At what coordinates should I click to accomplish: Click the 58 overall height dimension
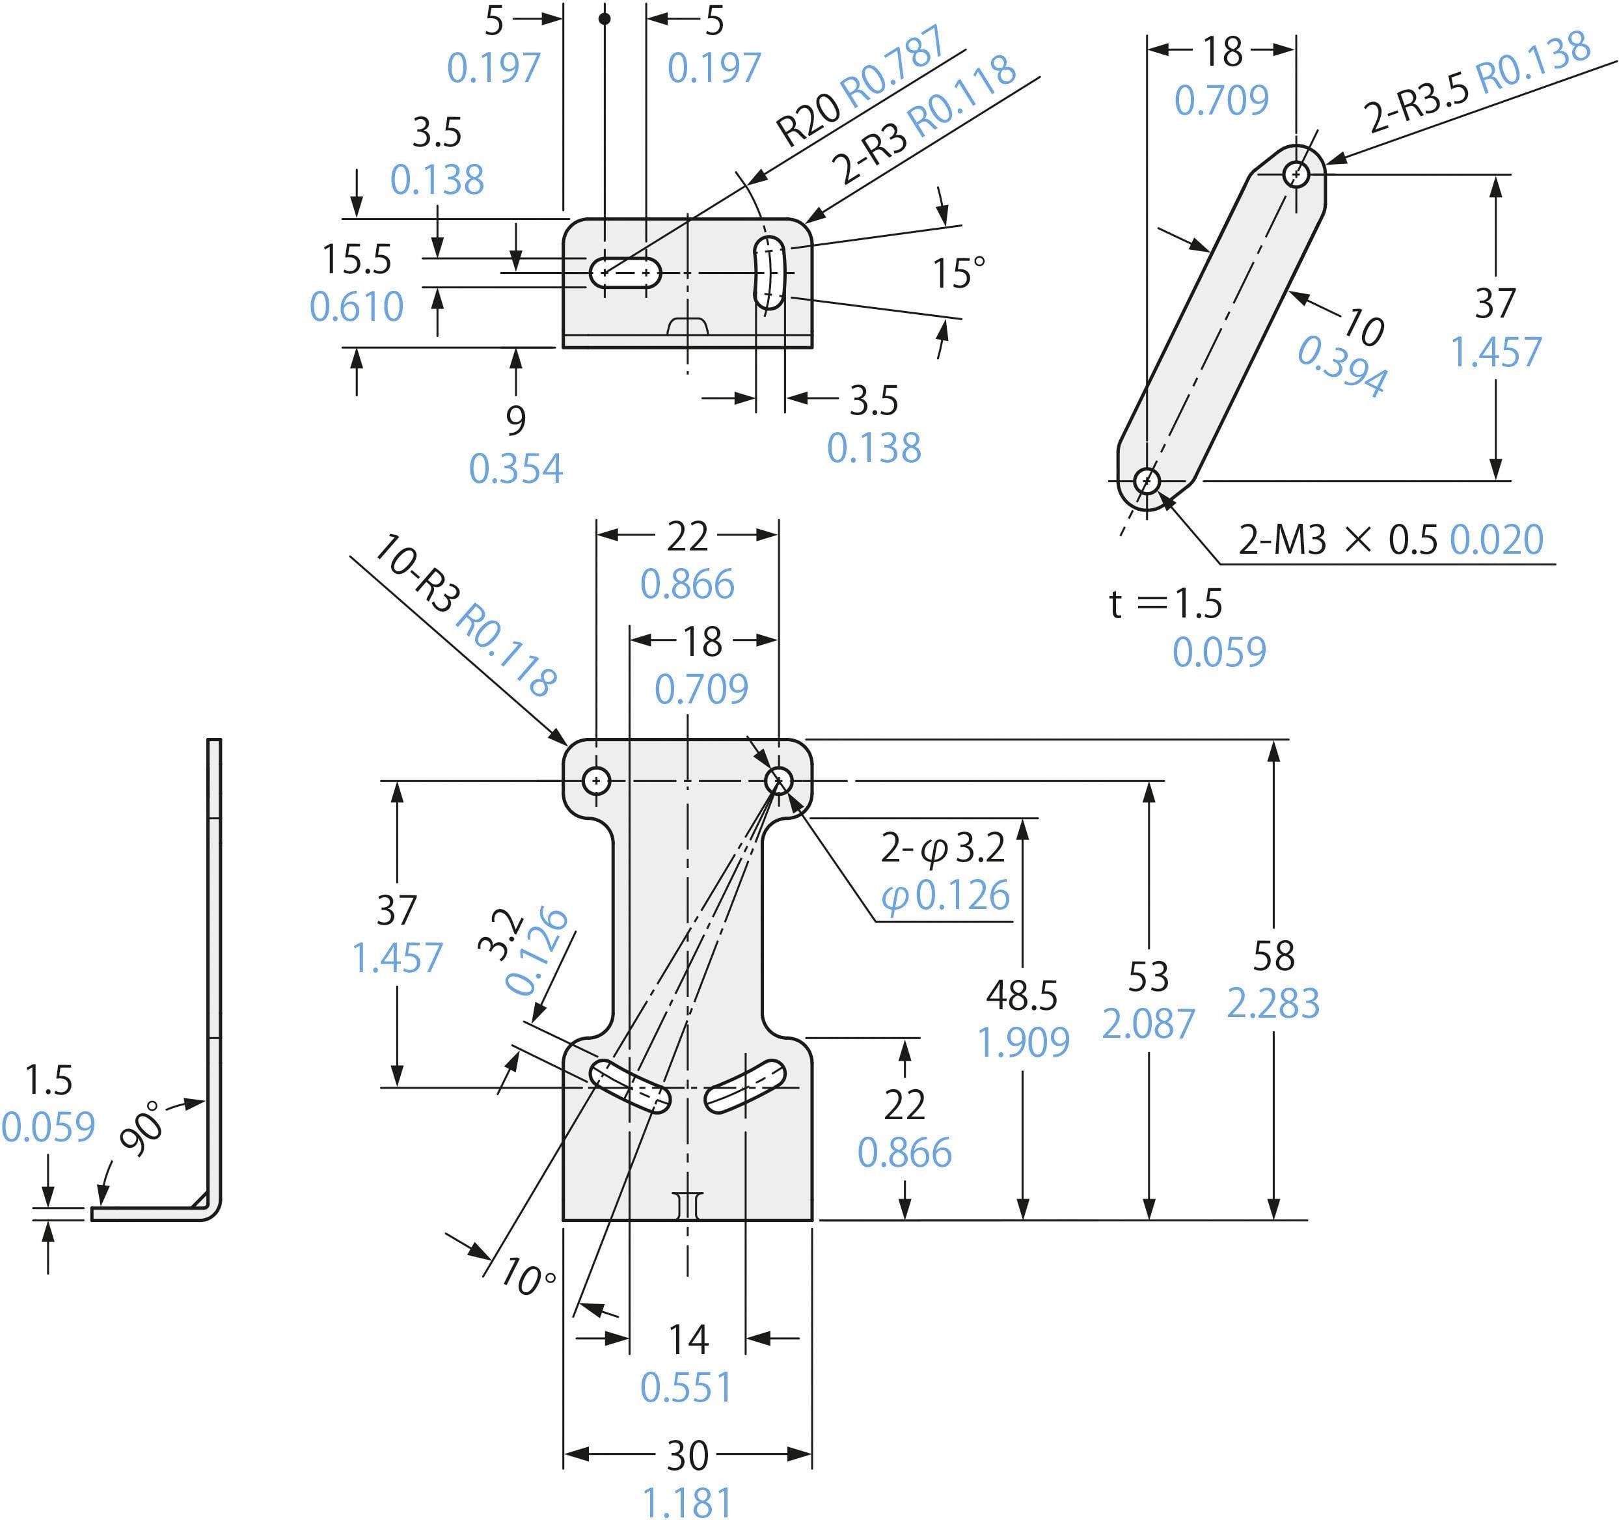point(1273,956)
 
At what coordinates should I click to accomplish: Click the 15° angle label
point(958,273)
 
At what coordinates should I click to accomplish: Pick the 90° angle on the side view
point(142,1128)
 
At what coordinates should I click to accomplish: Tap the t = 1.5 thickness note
point(1165,603)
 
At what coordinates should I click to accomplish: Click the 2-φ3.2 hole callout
point(943,848)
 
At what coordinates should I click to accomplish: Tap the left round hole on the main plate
point(596,781)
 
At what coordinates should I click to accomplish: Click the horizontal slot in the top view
point(625,273)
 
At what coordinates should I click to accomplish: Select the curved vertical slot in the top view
point(769,273)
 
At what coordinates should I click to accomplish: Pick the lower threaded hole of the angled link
point(1147,481)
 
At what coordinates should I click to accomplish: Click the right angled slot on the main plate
point(744,1087)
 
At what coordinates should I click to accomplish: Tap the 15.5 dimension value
point(357,260)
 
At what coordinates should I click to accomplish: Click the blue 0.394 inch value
point(1342,366)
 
